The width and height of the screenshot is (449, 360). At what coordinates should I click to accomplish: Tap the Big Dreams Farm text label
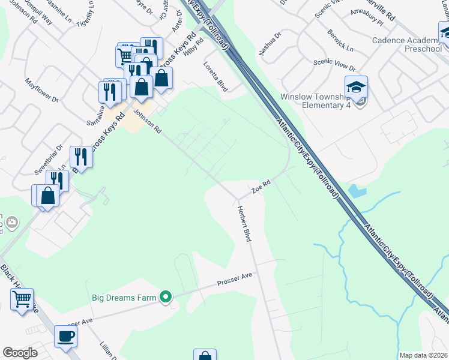(x=124, y=297)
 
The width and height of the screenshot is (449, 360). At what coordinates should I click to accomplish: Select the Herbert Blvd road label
(x=243, y=224)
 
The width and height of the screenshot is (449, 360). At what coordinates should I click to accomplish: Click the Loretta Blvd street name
(x=215, y=76)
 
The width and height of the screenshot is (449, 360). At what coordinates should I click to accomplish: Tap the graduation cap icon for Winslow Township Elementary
(x=356, y=88)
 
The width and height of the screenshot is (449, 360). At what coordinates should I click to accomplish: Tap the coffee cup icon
(x=66, y=337)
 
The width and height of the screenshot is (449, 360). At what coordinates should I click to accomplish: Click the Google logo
(x=20, y=353)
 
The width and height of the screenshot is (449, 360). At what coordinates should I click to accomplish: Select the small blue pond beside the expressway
(x=357, y=191)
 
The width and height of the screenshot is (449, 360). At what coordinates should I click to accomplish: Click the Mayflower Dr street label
(x=41, y=89)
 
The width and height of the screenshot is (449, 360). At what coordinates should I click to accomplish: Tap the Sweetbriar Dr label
(x=49, y=160)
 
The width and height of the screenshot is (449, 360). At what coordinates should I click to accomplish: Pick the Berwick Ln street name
(x=340, y=40)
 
